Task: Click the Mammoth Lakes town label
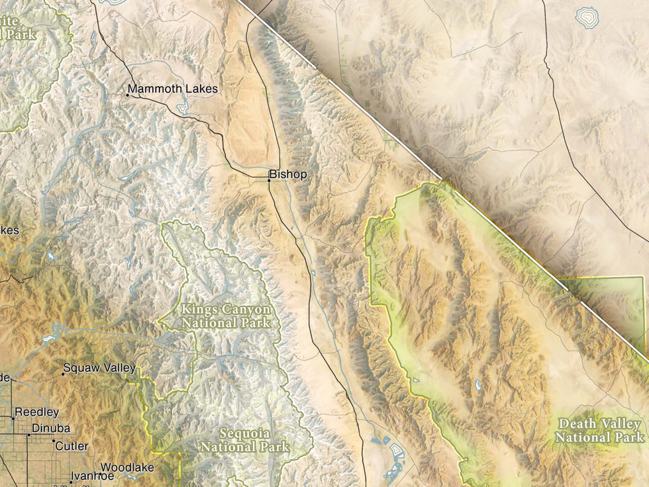(173, 89)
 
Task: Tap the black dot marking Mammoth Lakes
(128, 95)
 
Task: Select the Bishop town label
(289, 175)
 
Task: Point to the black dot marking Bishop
(270, 180)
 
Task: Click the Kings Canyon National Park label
(226, 316)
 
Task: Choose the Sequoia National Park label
(245, 440)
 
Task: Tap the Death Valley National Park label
(599, 431)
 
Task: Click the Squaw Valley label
(99, 368)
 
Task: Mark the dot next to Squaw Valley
(63, 374)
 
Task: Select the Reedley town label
(37, 412)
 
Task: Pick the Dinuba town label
(51, 429)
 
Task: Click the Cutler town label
(72, 447)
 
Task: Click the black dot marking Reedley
(13, 418)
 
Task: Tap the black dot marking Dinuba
(28, 435)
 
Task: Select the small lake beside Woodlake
(130, 476)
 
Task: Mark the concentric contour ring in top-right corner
(585, 17)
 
